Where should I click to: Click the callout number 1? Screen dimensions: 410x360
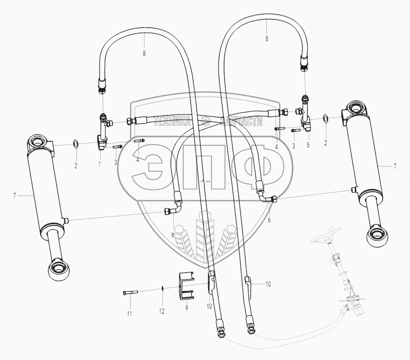click(99, 164)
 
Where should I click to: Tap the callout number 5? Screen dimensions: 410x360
click(308, 145)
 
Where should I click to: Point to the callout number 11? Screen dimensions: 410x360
click(130, 313)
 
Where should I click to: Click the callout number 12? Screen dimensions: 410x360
click(162, 311)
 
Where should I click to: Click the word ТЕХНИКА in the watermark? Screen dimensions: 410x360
click(172, 122)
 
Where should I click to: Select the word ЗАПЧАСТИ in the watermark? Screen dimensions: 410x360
click(241, 122)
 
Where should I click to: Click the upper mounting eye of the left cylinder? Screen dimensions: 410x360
click(37, 143)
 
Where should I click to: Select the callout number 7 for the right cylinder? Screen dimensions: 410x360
click(395, 166)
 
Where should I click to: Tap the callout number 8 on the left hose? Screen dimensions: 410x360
click(144, 54)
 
